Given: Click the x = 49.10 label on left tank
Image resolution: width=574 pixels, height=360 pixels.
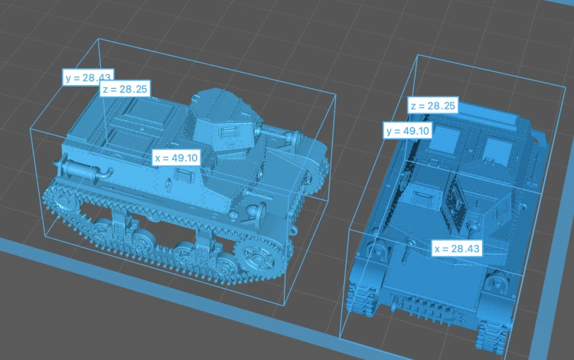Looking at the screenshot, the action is tap(176, 158).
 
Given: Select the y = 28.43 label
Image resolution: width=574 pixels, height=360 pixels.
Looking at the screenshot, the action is tap(88, 77).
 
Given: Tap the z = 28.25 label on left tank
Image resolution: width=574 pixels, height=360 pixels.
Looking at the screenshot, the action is tap(125, 89).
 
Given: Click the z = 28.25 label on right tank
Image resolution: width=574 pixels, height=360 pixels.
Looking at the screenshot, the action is tap(433, 106).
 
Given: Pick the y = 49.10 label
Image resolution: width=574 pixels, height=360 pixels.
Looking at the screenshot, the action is tap(407, 131).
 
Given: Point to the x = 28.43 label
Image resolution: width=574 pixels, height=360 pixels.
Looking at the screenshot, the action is tap(457, 249).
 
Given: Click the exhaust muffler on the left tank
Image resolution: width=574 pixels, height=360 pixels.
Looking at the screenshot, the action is tap(83, 170).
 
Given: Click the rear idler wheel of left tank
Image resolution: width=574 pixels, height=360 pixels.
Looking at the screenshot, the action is tap(60, 202).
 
